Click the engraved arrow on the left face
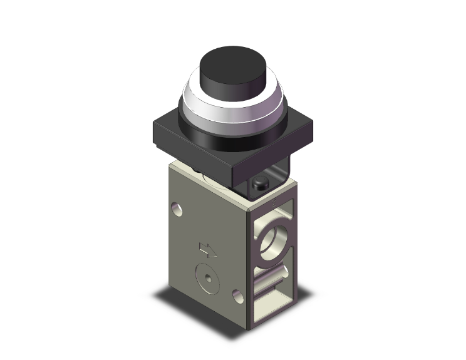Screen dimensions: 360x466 [x=207, y=249]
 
